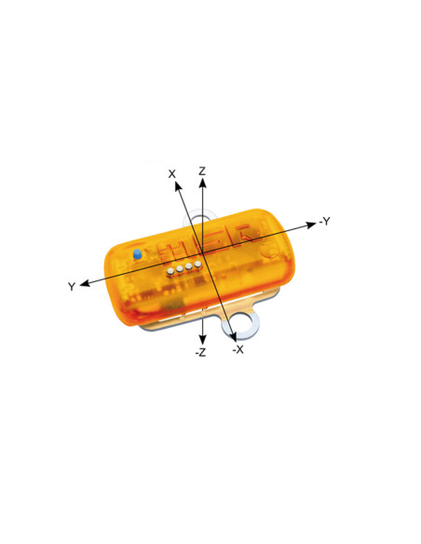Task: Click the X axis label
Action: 171,174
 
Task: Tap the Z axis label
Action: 202,171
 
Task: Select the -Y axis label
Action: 324,221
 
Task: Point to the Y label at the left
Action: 72,287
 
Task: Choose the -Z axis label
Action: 201,352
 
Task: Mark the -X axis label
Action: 238,349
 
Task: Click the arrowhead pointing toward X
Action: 178,186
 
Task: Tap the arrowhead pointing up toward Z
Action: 202,183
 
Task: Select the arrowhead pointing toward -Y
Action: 311,225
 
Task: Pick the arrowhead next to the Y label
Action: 85,283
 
